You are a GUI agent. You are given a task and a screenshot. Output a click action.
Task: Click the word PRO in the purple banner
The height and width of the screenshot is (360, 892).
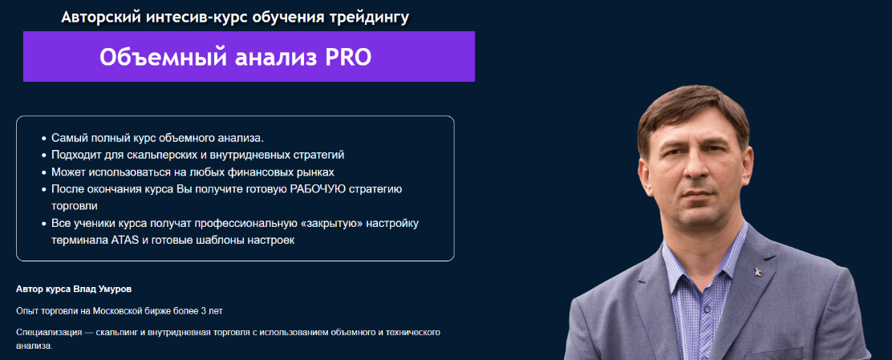[348, 57]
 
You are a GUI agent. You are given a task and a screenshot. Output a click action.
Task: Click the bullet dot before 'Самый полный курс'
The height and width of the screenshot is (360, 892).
[43, 138]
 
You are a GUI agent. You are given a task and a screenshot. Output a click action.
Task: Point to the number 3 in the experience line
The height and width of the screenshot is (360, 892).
[207, 310]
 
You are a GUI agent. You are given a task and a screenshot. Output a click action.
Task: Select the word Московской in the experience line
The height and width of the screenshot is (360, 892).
[119, 310]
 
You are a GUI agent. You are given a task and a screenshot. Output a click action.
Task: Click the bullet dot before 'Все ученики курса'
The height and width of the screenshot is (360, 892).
[43, 223]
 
